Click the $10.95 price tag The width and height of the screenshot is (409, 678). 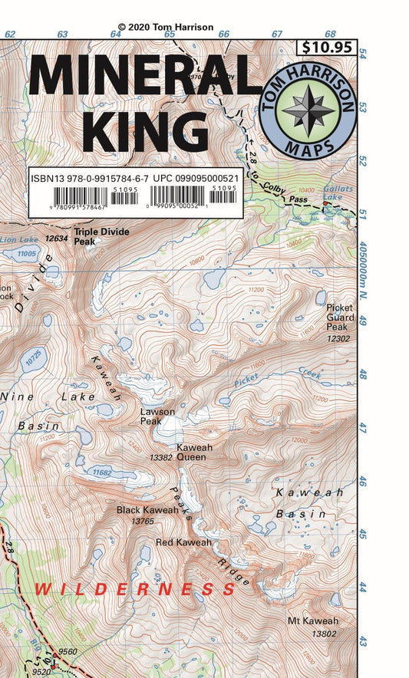[x=326, y=47]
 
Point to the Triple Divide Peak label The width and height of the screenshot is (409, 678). [x=102, y=235]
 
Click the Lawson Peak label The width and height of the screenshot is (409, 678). [x=157, y=416]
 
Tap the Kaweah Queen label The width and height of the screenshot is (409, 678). [x=195, y=452]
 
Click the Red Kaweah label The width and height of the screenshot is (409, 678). [x=183, y=542]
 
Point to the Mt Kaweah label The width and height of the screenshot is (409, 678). [x=313, y=621]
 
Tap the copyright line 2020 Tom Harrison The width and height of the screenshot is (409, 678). [x=166, y=27]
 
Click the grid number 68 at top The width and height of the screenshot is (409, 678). [x=329, y=34]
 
